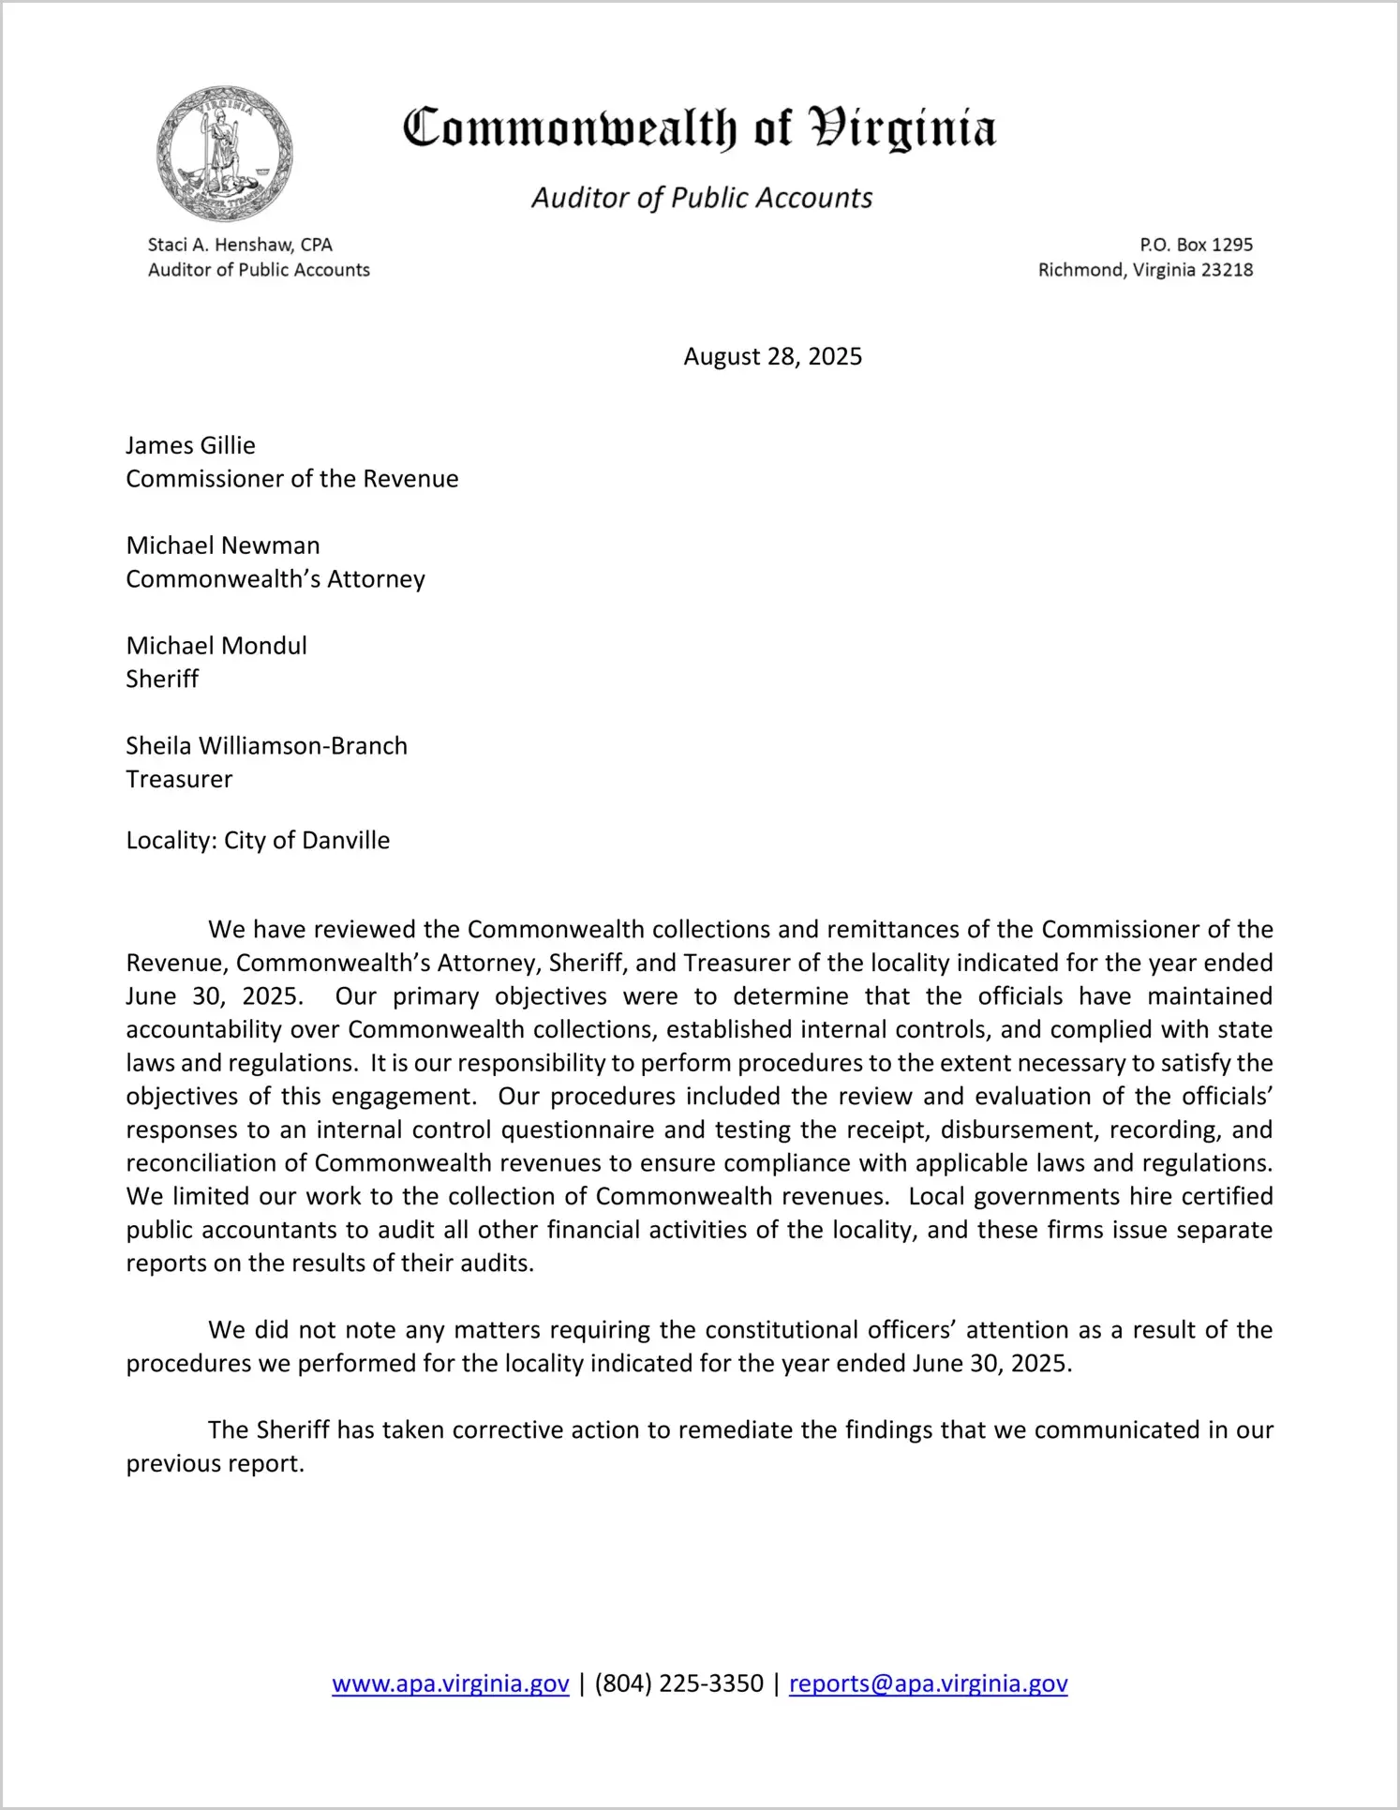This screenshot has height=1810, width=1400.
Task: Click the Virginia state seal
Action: pos(224,154)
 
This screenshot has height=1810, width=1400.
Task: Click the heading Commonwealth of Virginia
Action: pos(699,129)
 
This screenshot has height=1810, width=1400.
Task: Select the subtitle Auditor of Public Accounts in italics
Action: pos(702,198)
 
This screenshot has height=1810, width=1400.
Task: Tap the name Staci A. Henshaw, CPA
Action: pos(240,245)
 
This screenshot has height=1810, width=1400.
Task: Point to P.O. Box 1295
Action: pos(1196,245)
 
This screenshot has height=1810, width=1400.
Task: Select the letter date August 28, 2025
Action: pos(772,356)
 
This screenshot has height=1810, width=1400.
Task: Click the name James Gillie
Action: pos(190,445)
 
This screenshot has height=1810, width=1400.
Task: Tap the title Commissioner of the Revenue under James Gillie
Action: pos(292,479)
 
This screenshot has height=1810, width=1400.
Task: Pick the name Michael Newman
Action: pos(223,546)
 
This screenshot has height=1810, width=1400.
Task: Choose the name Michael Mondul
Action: pos(216,646)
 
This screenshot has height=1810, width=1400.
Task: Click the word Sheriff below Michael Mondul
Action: pos(162,679)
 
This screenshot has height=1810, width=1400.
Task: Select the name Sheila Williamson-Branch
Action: pos(267,746)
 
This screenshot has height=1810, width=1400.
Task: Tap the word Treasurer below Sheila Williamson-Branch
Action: pos(179,779)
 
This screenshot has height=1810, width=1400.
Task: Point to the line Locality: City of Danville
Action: pos(258,840)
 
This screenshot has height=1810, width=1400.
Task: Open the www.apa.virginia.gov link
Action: pos(451,1683)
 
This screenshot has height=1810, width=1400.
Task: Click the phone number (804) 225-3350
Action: pos(678,1683)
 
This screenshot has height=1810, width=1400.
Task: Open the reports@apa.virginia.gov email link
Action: pos(928,1683)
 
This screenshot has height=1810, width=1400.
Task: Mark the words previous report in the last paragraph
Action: pos(216,1463)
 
